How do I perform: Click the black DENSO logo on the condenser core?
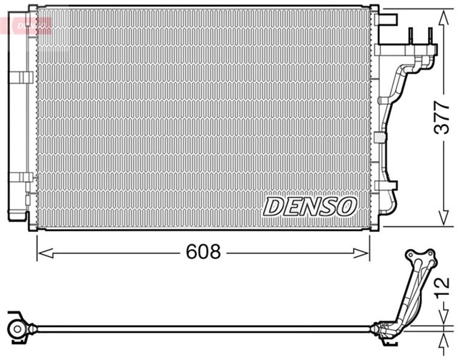click(310, 206)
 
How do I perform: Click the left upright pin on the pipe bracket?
click(412, 34)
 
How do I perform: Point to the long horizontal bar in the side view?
click(200, 329)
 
